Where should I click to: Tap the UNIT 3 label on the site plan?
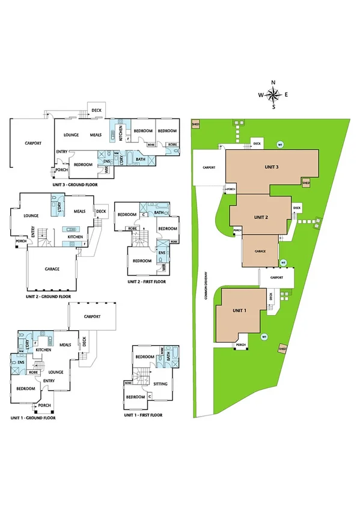click(x=271, y=167)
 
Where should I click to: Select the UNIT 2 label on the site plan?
click(x=261, y=217)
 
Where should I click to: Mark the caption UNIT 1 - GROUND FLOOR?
click(x=33, y=417)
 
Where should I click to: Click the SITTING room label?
click(x=160, y=382)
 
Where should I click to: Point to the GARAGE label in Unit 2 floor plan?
click(x=51, y=269)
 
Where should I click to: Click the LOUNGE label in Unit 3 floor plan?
click(x=72, y=135)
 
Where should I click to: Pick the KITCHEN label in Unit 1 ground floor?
click(x=43, y=349)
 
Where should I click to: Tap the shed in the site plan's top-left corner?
click(x=195, y=124)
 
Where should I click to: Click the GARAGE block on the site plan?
click(x=260, y=251)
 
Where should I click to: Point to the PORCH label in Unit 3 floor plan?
click(x=61, y=170)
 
